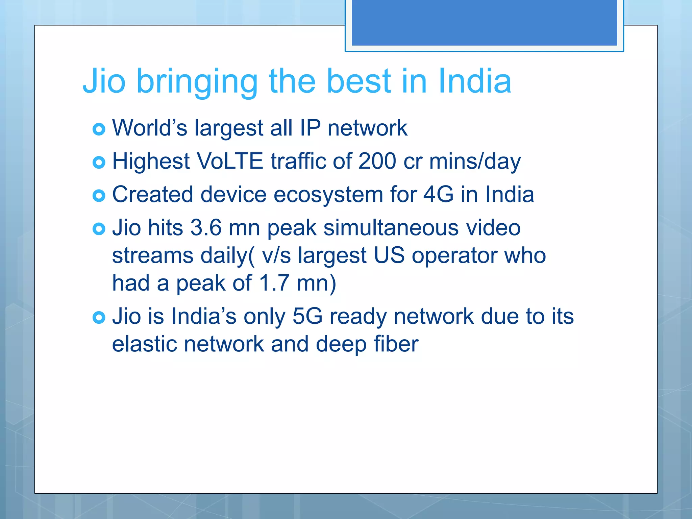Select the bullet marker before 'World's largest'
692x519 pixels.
click(x=99, y=129)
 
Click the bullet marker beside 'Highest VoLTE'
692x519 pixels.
click(x=99, y=163)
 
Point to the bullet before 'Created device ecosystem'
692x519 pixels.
click(x=99, y=196)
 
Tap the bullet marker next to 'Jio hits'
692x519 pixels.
click(x=99, y=229)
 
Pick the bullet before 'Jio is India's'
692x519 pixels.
click(x=99, y=318)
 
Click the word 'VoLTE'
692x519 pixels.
click(x=230, y=161)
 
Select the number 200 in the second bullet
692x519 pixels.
click(x=377, y=161)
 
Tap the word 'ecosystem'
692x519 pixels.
click(x=328, y=195)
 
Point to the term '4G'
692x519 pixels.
click(x=438, y=195)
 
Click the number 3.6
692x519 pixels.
click(x=206, y=228)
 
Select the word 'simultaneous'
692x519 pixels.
click(x=391, y=228)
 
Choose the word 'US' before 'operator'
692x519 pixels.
click(x=389, y=255)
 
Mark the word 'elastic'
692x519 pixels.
click(x=144, y=344)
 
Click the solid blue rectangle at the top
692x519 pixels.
click(x=484, y=22)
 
